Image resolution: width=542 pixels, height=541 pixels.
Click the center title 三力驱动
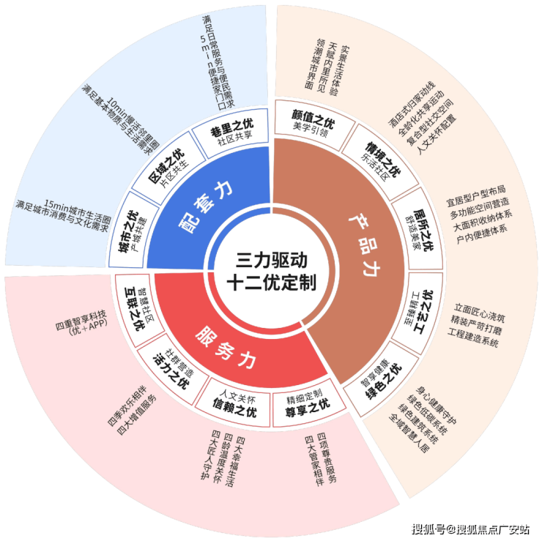(x=271, y=260)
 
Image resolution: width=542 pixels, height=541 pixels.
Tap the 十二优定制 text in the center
(x=271, y=283)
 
